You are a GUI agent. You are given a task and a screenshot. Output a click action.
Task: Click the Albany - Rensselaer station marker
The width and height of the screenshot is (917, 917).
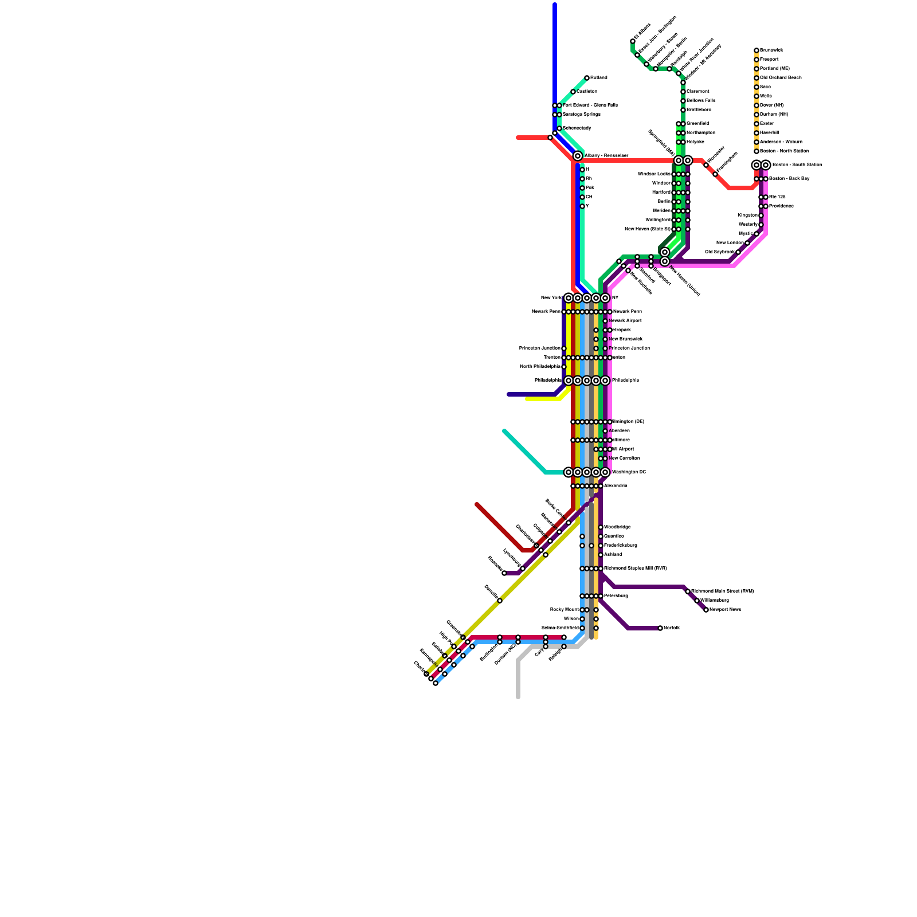578,156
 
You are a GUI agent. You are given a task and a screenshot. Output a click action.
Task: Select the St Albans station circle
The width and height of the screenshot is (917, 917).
633,41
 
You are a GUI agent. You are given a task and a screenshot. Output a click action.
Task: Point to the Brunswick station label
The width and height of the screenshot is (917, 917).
771,50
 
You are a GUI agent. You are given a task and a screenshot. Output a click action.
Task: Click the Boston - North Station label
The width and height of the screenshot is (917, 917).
783,151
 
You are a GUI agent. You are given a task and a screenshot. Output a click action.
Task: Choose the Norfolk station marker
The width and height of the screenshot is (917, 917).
660,628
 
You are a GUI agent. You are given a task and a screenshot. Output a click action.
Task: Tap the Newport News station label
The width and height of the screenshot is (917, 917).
725,610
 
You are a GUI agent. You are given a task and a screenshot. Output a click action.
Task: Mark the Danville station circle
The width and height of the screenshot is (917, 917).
500,601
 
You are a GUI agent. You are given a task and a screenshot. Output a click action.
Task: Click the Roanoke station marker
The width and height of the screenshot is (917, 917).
504,573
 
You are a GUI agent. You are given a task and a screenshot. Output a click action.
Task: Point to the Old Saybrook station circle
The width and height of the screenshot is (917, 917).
738,252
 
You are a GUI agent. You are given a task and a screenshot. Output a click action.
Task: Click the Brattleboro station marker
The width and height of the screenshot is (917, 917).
683,110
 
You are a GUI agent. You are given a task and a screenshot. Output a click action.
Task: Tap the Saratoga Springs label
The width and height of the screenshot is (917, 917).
581,115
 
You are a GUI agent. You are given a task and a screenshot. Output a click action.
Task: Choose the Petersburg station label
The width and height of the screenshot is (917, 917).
616,596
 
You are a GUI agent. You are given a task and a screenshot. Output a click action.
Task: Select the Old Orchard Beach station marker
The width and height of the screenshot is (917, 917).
757,78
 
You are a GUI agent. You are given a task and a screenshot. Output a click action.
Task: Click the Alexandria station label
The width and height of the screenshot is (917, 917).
615,486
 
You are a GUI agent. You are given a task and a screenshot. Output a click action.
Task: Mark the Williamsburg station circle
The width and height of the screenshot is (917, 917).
697,601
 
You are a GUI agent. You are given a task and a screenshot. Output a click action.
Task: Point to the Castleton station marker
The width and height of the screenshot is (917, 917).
573,92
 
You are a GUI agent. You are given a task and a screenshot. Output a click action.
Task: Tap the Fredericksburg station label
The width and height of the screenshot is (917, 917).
620,546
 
